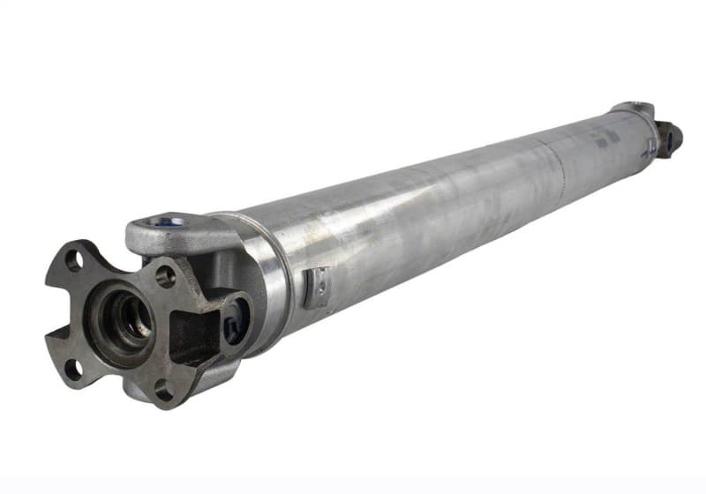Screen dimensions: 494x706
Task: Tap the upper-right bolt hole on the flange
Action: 165,276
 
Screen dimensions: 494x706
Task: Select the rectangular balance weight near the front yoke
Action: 316,286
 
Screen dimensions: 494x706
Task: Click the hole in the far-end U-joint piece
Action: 670,138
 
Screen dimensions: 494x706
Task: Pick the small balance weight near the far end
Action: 650,146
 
